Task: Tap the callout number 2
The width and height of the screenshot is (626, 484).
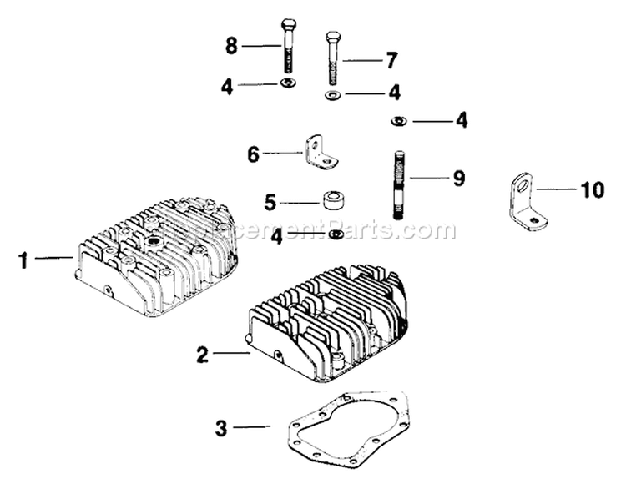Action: [201, 354]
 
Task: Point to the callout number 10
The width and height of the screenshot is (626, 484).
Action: [592, 189]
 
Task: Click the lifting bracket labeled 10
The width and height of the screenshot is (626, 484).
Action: [523, 199]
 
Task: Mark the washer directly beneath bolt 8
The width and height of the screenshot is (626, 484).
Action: [288, 85]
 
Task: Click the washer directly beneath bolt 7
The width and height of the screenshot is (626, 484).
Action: [332, 95]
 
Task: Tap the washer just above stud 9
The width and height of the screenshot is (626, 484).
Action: [396, 122]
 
